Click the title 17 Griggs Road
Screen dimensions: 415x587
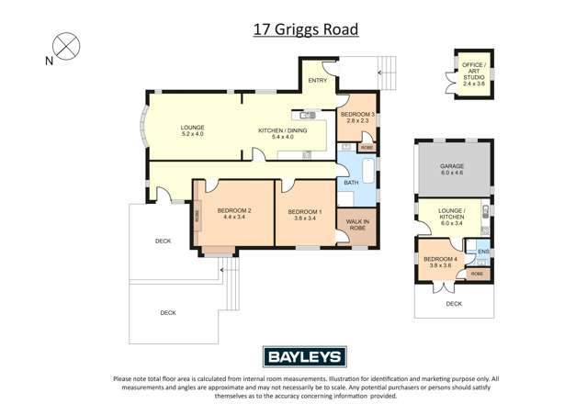coord(305,29)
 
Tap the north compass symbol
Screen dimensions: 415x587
coord(64,46)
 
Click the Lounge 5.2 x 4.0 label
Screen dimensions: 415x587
coord(192,131)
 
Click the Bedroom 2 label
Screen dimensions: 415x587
coord(234,215)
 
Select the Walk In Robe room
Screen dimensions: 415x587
coord(356,224)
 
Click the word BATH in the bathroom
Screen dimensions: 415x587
coord(351,183)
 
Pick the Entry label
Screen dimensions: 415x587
coord(318,81)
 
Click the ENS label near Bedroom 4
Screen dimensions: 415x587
coord(483,252)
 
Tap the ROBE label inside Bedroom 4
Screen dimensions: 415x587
coord(477,274)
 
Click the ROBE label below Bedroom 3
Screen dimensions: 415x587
coord(366,147)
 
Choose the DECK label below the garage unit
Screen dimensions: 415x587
coord(454,303)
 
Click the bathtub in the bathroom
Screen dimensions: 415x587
coord(367,174)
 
